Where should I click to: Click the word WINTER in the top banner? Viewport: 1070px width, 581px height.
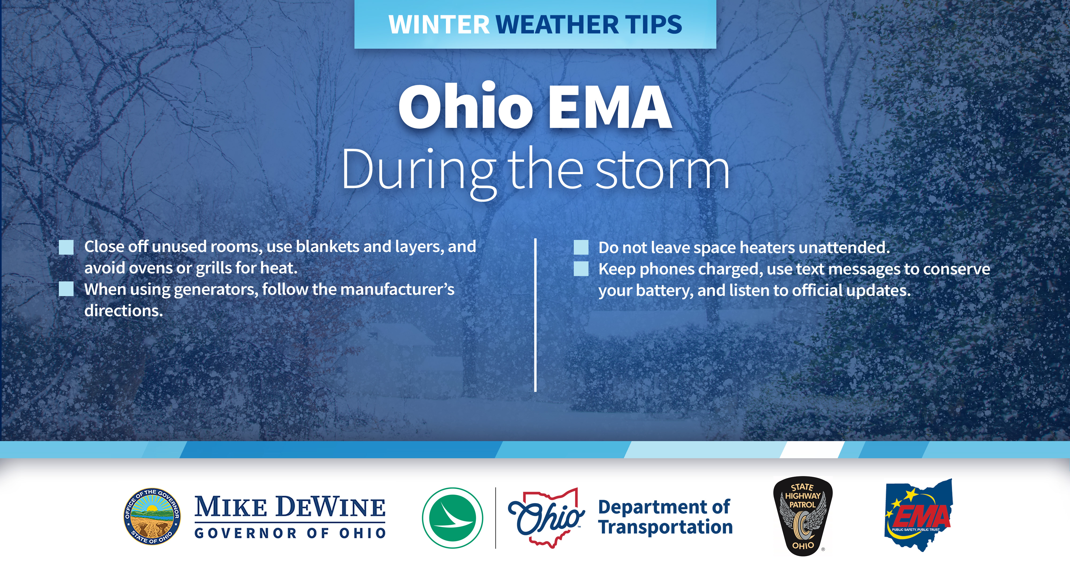pyautogui.click(x=439, y=25)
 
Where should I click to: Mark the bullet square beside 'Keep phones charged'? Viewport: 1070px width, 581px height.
pyautogui.click(x=581, y=269)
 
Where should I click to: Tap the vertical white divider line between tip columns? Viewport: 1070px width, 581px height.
pyautogui.click(x=536, y=315)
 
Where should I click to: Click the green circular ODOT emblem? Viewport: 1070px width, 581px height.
pyautogui.click(x=452, y=518)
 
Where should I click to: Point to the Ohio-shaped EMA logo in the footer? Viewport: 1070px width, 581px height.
pyautogui.click(x=918, y=515)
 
